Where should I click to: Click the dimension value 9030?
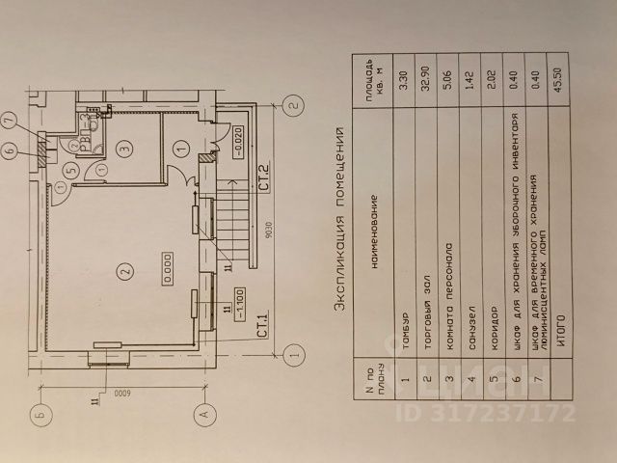click(x=277, y=232)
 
